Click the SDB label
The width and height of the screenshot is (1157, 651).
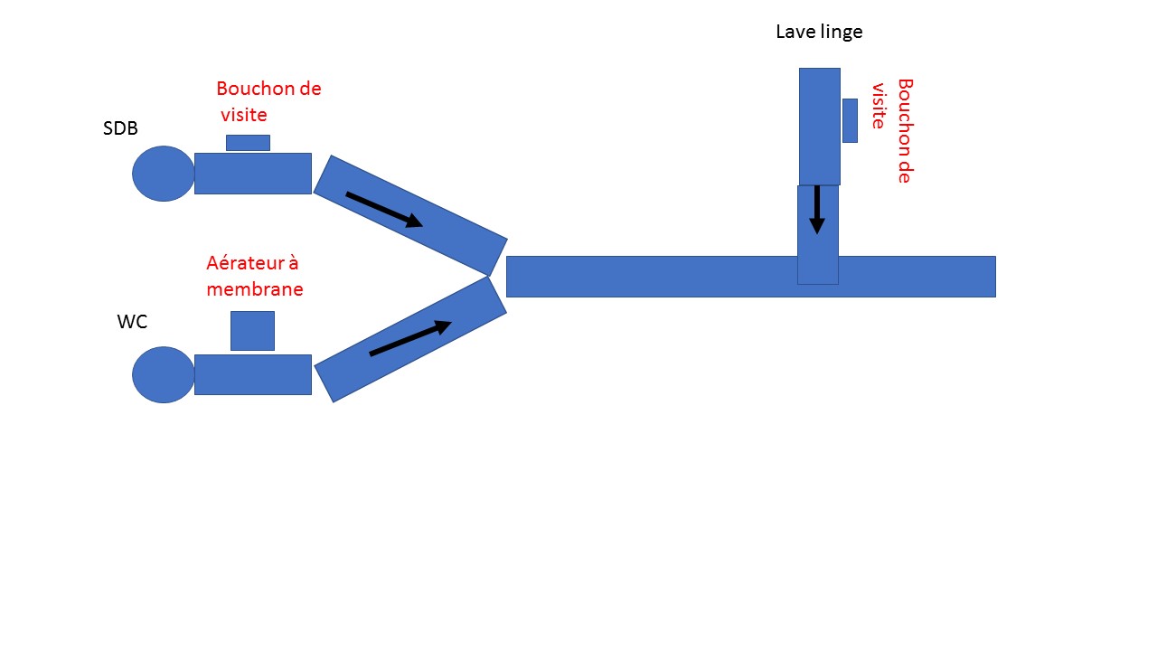(120, 128)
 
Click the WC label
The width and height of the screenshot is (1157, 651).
(132, 322)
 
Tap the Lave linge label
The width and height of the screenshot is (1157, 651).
(819, 33)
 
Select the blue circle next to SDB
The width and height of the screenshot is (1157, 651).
(164, 174)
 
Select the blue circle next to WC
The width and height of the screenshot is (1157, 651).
(164, 374)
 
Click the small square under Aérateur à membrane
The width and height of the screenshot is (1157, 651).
(252, 331)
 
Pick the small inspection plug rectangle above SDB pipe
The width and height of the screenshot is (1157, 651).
(248, 143)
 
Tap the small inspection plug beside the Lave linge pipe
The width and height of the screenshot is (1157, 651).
(850, 120)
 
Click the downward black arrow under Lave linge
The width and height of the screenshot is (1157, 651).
(817, 210)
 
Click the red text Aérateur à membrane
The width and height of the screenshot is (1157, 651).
(254, 276)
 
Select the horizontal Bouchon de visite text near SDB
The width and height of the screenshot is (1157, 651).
(268, 101)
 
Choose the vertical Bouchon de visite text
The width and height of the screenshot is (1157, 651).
(891, 130)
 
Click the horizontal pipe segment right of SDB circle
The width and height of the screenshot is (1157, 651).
(253, 174)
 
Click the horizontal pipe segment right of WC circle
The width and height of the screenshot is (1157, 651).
(253, 374)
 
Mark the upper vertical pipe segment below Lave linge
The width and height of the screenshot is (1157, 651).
(819, 127)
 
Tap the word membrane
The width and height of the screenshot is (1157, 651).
(255, 289)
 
